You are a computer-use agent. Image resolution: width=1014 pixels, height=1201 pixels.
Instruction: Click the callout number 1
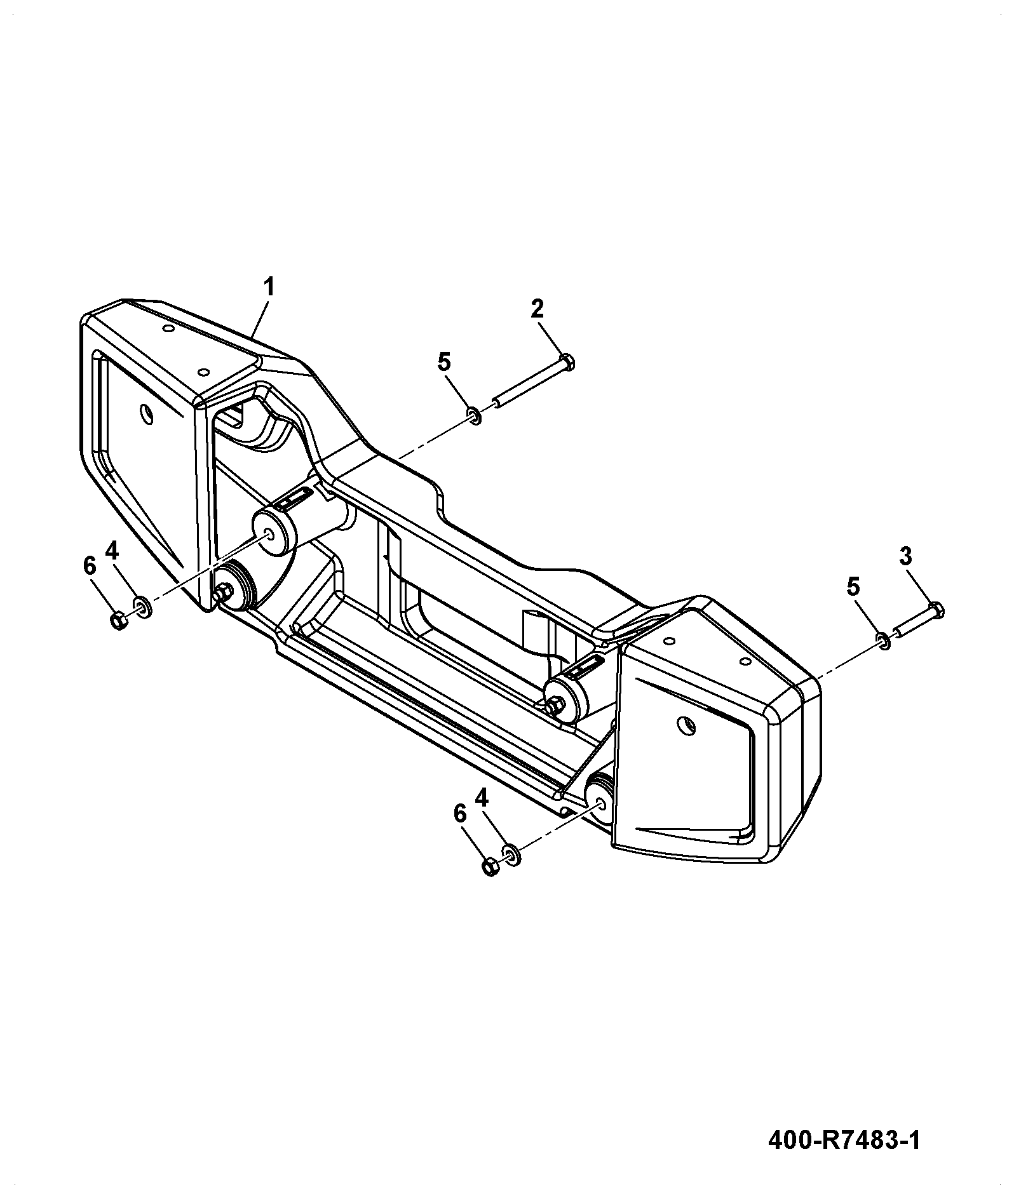[x=269, y=288]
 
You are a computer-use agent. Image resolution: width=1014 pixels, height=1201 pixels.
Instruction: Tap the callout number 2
[x=537, y=309]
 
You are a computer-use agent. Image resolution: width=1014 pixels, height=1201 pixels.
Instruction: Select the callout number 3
[x=905, y=556]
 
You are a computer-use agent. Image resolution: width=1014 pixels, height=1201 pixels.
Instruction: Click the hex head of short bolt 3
[x=938, y=610]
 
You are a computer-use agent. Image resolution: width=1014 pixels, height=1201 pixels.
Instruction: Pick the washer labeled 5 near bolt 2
[x=474, y=416]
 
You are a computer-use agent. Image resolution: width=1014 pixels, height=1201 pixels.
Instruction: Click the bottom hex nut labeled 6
[x=490, y=867]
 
